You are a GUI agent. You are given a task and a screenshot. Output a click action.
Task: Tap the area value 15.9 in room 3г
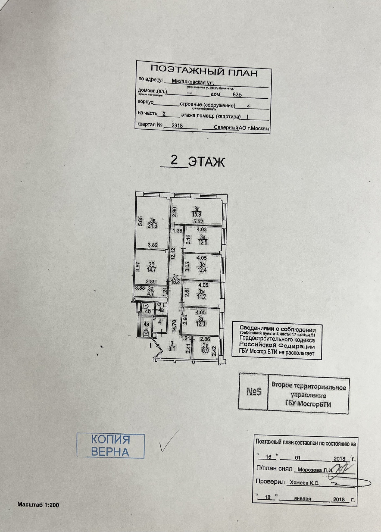[x=197, y=214]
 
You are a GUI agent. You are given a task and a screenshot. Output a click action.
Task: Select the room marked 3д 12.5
[x=202, y=240]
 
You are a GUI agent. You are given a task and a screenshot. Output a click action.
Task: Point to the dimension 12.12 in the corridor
[x=173, y=253]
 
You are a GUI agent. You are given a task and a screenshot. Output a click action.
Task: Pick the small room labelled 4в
[x=161, y=310]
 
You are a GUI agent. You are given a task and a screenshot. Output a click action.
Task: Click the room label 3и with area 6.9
[x=205, y=348]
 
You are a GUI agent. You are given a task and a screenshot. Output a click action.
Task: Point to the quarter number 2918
[x=177, y=126]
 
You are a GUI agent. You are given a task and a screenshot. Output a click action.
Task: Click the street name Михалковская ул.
[x=193, y=81]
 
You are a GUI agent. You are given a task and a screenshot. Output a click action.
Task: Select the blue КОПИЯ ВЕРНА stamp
[x=110, y=446]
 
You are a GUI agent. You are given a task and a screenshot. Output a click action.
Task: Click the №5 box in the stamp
[x=254, y=392]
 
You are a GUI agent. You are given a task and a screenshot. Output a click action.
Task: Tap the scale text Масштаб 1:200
[x=38, y=505]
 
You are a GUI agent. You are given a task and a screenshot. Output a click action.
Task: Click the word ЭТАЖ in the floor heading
[x=207, y=162]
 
